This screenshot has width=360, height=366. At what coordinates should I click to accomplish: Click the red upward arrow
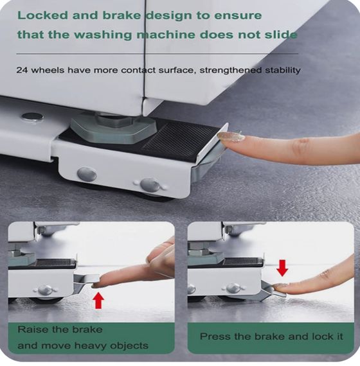(98, 301)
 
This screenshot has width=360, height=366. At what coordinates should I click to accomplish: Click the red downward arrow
(282, 268)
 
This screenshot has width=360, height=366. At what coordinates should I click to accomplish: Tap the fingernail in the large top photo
(231, 137)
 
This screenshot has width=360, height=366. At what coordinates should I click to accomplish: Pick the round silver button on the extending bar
(33, 116)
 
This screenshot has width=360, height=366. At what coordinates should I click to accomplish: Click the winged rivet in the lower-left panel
(45, 290)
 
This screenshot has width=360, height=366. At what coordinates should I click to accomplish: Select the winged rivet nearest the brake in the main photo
(150, 185)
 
